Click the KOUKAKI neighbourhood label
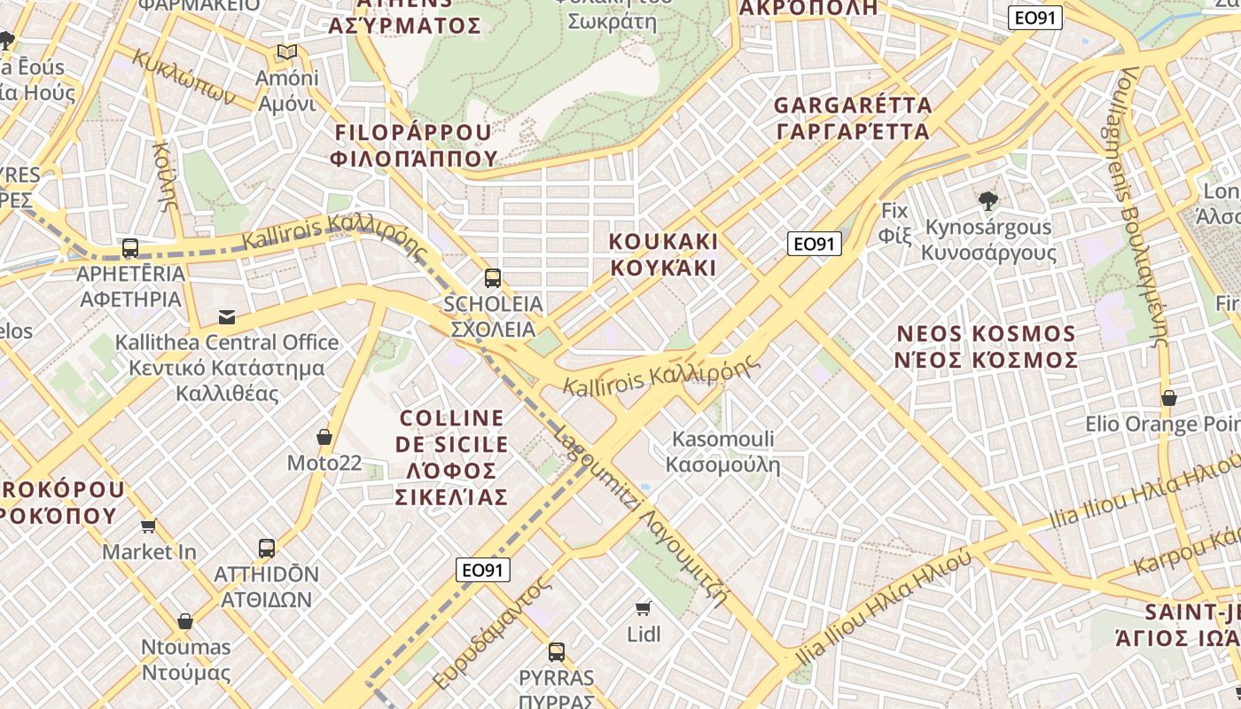(x=663, y=254)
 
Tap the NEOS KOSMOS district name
(x=987, y=347)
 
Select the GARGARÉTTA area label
(x=853, y=118)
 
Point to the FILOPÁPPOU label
(x=413, y=145)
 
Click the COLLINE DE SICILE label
(x=452, y=456)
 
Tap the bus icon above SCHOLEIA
(x=493, y=278)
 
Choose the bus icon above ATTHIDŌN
(x=267, y=548)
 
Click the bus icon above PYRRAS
(x=557, y=652)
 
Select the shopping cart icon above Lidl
(x=644, y=608)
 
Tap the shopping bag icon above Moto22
(x=324, y=437)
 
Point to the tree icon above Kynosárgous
(x=988, y=201)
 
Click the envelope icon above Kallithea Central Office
(x=227, y=316)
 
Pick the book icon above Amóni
(x=286, y=52)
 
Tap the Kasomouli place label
(x=722, y=451)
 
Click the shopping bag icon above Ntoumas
(x=185, y=621)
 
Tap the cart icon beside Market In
(x=149, y=526)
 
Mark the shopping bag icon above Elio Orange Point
(x=1169, y=398)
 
